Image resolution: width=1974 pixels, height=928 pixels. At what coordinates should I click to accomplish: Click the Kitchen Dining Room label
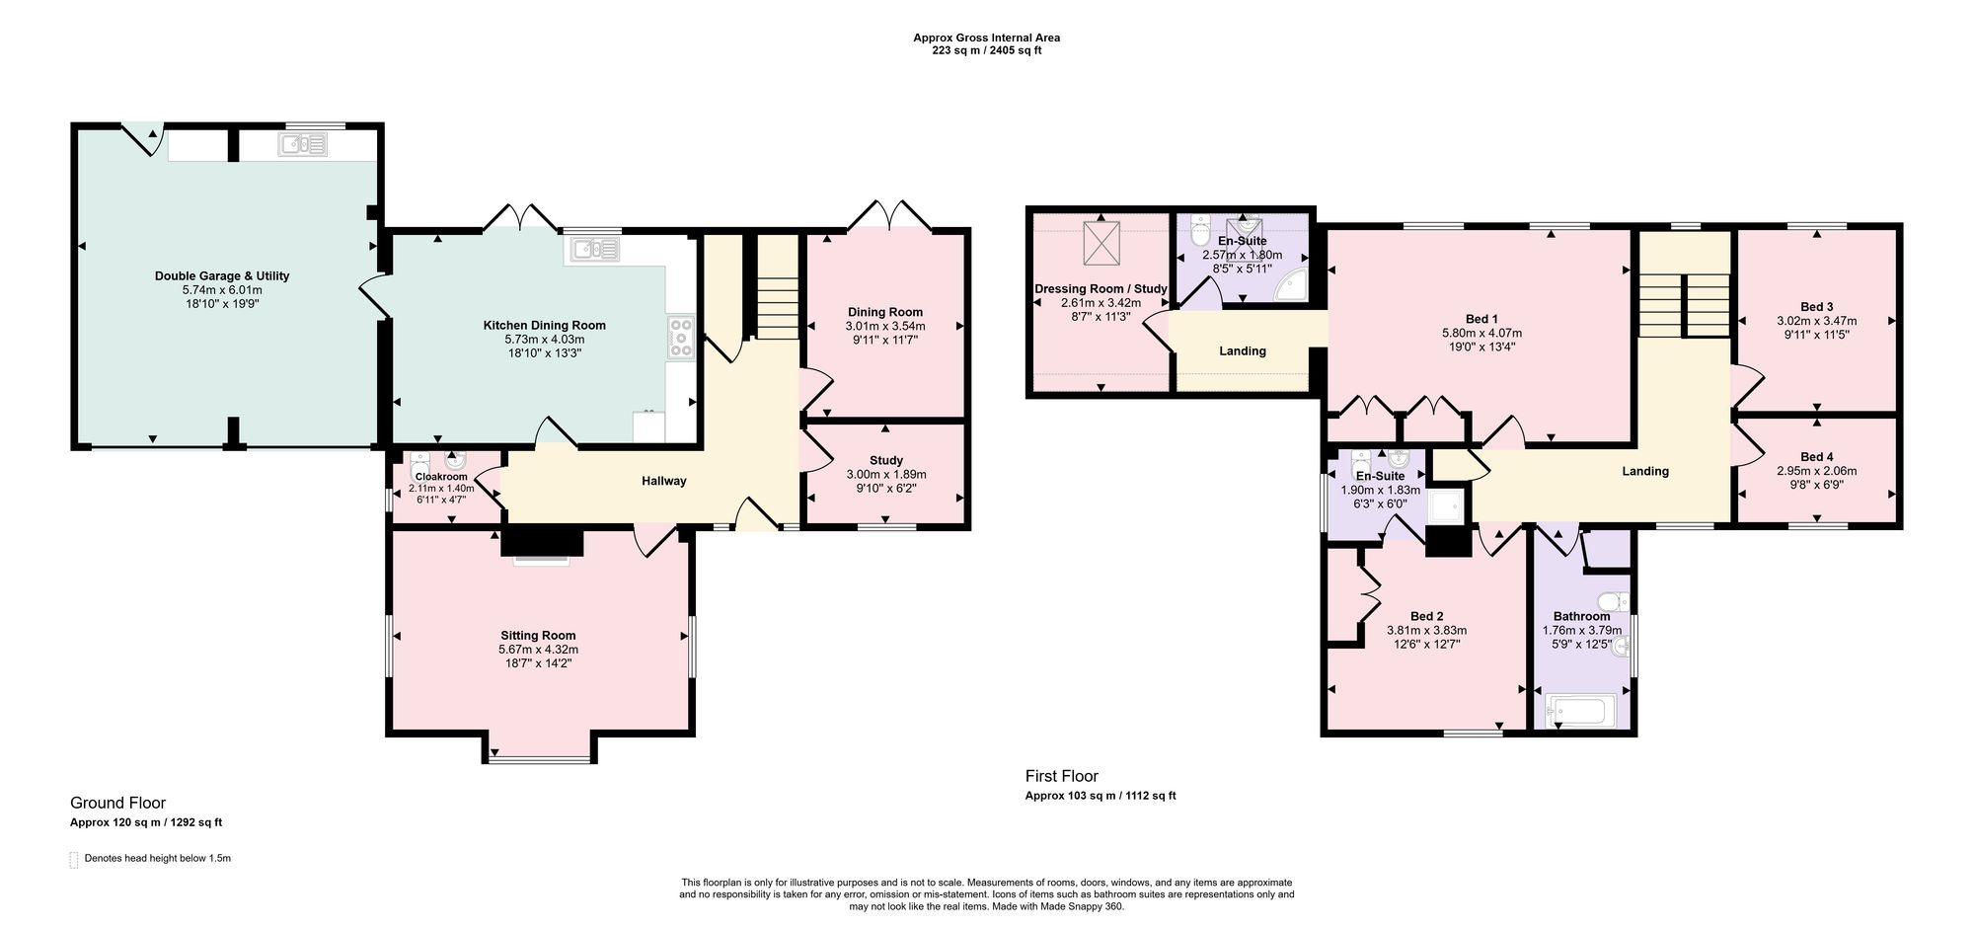tap(544, 325)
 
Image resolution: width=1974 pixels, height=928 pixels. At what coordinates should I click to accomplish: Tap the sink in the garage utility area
tap(303, 146)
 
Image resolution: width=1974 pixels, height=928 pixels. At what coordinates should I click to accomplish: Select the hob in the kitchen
tap(681, 337)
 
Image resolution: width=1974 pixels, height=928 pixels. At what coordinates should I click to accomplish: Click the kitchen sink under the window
tap(592, 251)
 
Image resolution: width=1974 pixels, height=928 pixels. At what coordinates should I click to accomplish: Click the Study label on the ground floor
tap(886, 460)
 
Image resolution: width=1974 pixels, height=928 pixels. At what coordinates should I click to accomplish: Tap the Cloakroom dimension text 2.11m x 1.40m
tap(441, 488)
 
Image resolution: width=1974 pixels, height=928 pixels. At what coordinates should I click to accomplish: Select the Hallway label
tap(664, 481)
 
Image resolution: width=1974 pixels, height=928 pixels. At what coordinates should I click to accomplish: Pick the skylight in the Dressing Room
tap(1102, 243)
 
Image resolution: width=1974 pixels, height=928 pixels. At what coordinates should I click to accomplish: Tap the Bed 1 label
tap(1481, 319)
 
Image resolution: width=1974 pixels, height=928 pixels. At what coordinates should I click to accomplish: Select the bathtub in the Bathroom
tap(1582, 711)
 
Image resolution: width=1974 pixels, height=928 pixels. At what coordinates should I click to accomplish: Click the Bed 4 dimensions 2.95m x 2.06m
tap(1816, 471)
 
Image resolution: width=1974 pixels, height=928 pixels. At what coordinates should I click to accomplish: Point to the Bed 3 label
tap(1817, 307)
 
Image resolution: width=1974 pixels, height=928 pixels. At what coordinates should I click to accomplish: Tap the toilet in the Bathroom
tap(1615, 600)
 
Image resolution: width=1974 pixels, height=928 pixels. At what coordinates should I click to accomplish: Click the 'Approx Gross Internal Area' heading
tap(987, 38)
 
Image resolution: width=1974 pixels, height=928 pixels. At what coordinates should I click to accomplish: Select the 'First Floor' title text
tap(1062, 776)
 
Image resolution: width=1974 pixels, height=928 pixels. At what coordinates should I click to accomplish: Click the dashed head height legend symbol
tap(74, 859)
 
